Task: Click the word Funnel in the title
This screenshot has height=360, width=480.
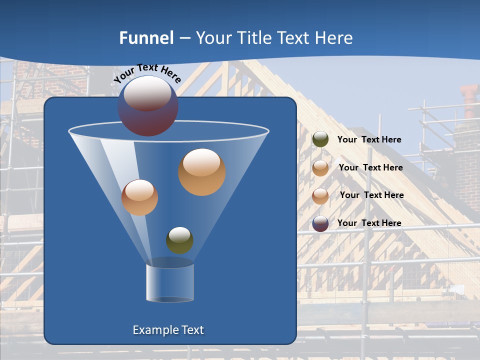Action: (146, 38)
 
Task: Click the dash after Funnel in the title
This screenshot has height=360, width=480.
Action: (184, 38)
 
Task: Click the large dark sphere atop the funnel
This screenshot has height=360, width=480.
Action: (148, 105)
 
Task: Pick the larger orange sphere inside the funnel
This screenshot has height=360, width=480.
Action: (202, 172)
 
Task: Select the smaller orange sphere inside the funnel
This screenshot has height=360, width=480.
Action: (139, 197)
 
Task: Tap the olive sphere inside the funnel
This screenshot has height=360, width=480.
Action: (179, 240)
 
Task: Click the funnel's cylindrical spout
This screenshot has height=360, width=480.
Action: (170, 283)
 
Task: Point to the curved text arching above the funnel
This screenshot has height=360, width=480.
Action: (147, 73)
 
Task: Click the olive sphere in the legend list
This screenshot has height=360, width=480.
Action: (320, 139)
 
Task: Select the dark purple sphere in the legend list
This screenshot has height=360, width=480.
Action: (320, 223)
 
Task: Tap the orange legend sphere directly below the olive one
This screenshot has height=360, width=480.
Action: (320, 168)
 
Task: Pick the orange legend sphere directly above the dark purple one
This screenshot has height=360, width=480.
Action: (320, 196)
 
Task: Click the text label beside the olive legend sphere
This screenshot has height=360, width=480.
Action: (369, 139)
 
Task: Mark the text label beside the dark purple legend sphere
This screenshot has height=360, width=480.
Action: (369, 223)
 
